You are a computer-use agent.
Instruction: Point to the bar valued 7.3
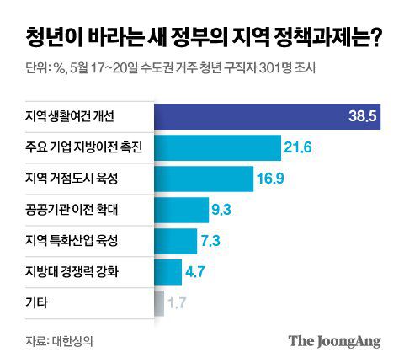(x=175, y=240)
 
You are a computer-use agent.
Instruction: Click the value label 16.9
(x=271, y=179)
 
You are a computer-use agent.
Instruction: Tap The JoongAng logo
(x=334, y=340)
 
